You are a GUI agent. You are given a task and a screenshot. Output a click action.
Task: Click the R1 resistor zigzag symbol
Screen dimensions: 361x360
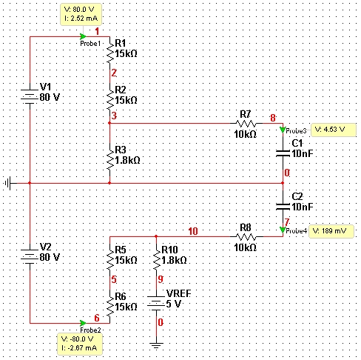tap(110, 53)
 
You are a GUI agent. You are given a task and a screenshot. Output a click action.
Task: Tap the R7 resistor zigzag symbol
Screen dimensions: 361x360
tap(246, 123)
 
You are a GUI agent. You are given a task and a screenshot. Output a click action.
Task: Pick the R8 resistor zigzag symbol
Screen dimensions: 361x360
tap(246, 236)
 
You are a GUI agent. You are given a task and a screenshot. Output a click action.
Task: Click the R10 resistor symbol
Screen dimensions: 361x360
tap(156, 259)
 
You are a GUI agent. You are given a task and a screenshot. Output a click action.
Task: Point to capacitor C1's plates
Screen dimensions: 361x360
tap(283, 153)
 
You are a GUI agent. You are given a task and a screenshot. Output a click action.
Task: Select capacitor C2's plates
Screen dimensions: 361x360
tap(283, 207)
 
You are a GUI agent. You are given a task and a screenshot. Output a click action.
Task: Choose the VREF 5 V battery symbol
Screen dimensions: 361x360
tap(156, 303)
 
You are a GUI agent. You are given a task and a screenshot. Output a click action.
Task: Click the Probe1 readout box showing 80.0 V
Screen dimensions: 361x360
tap(81, 14)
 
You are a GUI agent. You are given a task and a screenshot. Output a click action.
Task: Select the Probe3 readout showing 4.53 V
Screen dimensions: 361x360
tap(334, 130)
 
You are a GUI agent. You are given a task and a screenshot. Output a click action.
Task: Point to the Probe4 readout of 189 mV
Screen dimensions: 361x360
tap(331, 231)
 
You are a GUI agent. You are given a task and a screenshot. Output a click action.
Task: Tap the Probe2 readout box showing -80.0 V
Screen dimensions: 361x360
tap(80, 344)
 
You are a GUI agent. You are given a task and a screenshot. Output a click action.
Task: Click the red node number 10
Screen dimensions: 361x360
tap(193, 231)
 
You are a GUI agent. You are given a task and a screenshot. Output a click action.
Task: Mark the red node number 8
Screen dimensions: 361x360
tap(273, 118)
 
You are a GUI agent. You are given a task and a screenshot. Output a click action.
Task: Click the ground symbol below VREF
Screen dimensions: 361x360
tap(156, 345)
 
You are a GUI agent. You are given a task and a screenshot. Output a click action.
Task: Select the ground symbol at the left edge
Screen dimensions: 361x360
tap(8, 183)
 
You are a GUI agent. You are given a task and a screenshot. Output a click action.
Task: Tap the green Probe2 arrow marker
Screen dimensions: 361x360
tap(83, 323)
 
